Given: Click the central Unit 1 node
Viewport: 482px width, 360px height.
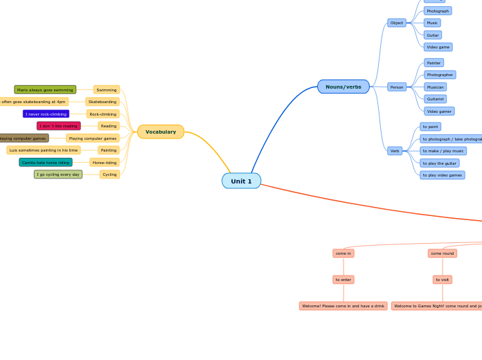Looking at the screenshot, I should tap(241, 181).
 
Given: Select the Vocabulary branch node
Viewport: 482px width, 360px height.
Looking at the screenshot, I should tap(161, 132).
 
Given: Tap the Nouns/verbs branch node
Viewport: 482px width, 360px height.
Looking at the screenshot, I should tap(343, 87).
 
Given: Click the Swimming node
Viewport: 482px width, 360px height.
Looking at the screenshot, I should tap(107, 89).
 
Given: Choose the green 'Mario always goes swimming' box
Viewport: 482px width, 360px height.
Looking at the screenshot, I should tap(45, 89).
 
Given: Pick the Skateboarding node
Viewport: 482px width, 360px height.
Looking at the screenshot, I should tap(102, 102).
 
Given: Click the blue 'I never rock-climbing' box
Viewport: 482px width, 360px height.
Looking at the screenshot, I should tap(46, 114).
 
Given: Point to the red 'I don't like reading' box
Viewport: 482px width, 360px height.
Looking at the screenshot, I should tap(58, 126).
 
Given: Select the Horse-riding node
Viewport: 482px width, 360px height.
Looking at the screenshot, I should tap(105, 162).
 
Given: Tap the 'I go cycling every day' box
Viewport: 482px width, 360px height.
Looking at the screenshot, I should tap(58, 174).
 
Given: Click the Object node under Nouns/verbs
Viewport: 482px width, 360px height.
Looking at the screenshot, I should tap(396, 23).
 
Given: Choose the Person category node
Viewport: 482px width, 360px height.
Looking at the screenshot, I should tap(397, 87).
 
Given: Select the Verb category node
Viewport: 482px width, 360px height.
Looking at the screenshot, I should tap(395, 151).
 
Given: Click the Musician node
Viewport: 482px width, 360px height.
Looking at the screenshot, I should tap(435, 87).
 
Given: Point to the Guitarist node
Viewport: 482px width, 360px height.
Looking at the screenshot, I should tap(435, 99).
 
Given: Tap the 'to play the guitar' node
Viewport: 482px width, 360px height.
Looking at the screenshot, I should tap(439, 163).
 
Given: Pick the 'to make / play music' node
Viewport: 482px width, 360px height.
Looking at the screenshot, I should tap(443, 151).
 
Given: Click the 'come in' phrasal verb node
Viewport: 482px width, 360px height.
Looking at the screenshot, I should tap(343, 253).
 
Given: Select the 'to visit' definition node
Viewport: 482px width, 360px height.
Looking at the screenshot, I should tap(443, 280).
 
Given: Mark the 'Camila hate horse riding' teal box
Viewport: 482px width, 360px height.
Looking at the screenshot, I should tap(46, 162).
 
